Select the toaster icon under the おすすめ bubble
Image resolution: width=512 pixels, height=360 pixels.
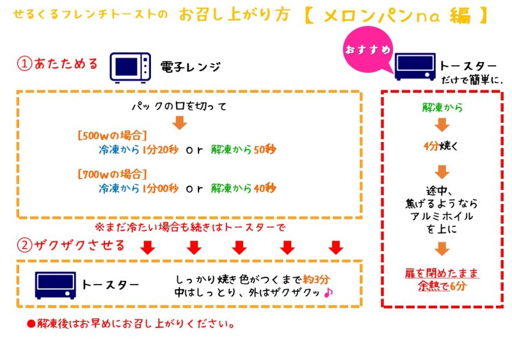[x=415, y=67]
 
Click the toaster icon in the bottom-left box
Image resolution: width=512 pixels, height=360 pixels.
[x=55, y=285]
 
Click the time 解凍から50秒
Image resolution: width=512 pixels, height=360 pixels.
[x=243, y=151]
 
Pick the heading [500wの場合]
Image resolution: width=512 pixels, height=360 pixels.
[x=112, y=136]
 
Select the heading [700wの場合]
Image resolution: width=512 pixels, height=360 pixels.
[x=112, y=173]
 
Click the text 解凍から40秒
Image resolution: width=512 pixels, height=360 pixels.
[x=243, y=189]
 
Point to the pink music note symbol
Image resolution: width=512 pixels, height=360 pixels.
[x=329, y=292]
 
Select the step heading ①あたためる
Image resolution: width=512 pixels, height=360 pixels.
[x=58, y=64]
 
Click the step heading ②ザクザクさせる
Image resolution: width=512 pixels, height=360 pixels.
[x=70, y=246]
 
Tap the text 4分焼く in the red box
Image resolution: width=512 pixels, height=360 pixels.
[x=441, y=146]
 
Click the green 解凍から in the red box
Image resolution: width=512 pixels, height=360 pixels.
[x=441, y=107]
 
